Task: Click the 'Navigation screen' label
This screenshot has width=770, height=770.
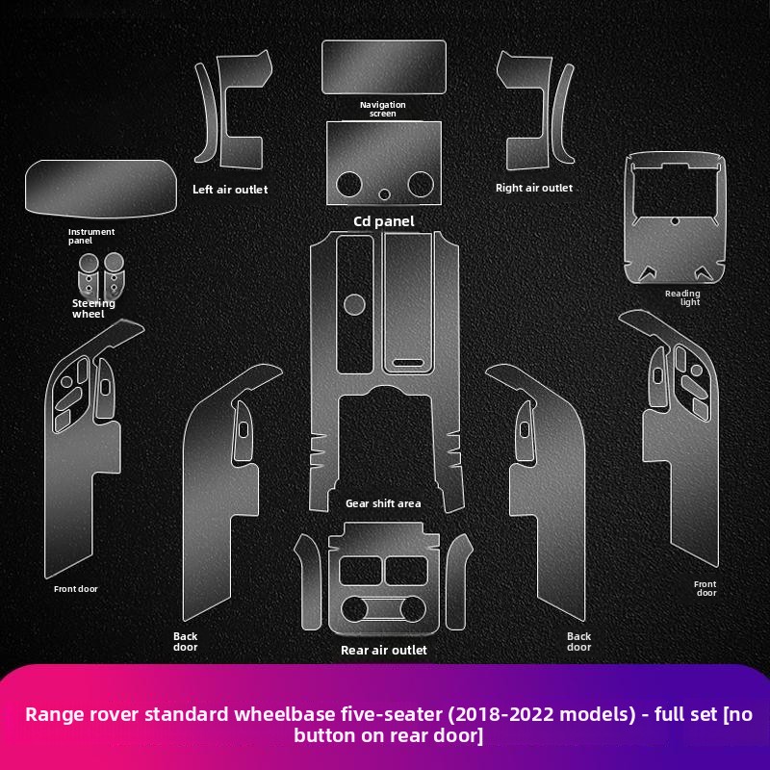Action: (x=382, y=109)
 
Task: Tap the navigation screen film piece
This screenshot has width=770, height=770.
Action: (x=384, y=67)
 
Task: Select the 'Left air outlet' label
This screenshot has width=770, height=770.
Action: (x=230, y=190)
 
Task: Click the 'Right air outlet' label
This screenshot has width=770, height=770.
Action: (x=534, y=188)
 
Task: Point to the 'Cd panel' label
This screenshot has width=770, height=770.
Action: (x=383, y=221)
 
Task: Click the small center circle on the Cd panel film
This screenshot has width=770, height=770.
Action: (x=384, y=194)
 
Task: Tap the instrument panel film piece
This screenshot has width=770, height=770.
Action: (x=101, y=188)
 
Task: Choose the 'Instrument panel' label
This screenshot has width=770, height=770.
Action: (x=91, y=236)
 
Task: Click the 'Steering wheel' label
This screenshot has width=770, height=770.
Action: (x=93, y=308)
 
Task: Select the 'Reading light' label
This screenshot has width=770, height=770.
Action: (x=682, y=297)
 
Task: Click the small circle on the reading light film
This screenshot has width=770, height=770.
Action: (x=676, y=221)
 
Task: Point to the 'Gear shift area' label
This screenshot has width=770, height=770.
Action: (x=383, y=503)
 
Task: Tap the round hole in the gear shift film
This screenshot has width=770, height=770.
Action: (x=354, y=304)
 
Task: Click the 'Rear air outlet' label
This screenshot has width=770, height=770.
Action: (x=383, y=651)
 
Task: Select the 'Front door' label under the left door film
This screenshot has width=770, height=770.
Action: (x=76, y=589)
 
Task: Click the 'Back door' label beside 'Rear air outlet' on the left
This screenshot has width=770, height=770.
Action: (x=185, y=641)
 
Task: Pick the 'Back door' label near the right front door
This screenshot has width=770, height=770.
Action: (x=579, y=641)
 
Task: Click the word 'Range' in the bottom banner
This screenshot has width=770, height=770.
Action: (x=54, y=714)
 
